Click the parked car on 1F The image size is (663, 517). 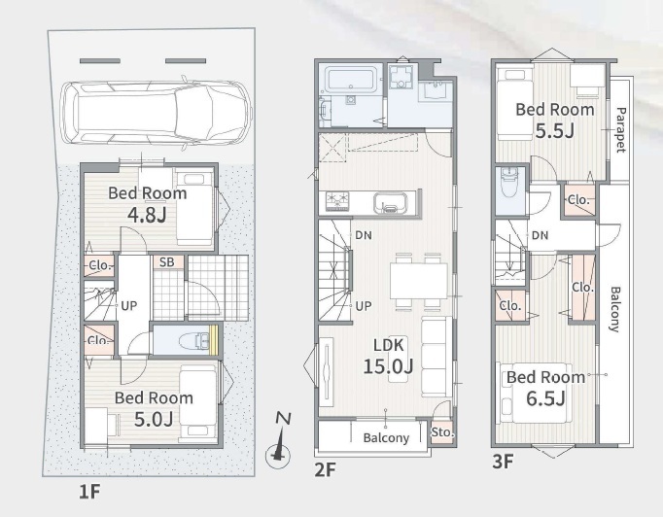pos(156,113)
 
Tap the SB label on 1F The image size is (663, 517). pos(167,262)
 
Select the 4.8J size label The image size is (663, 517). pos(147,215)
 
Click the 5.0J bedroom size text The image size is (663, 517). pos(154,419)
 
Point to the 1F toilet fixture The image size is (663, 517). pos(193,341)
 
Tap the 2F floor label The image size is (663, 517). pos(325,469)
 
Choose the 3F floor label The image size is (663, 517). pos(503,462)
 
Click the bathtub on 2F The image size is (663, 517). pos(349,81)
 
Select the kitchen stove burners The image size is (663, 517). pos(337,201)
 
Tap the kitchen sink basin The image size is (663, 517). pos(390,202)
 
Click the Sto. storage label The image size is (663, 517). pos(442,432)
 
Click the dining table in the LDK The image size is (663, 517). pos(419,281)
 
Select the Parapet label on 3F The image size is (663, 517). pos(621,129)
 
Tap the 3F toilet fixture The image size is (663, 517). pos(509,183)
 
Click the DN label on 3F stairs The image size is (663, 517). pos(540,235)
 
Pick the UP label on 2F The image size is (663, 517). pos(364,306)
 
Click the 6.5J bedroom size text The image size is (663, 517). pos(545,398)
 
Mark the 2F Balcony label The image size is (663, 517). pos(386,438)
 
